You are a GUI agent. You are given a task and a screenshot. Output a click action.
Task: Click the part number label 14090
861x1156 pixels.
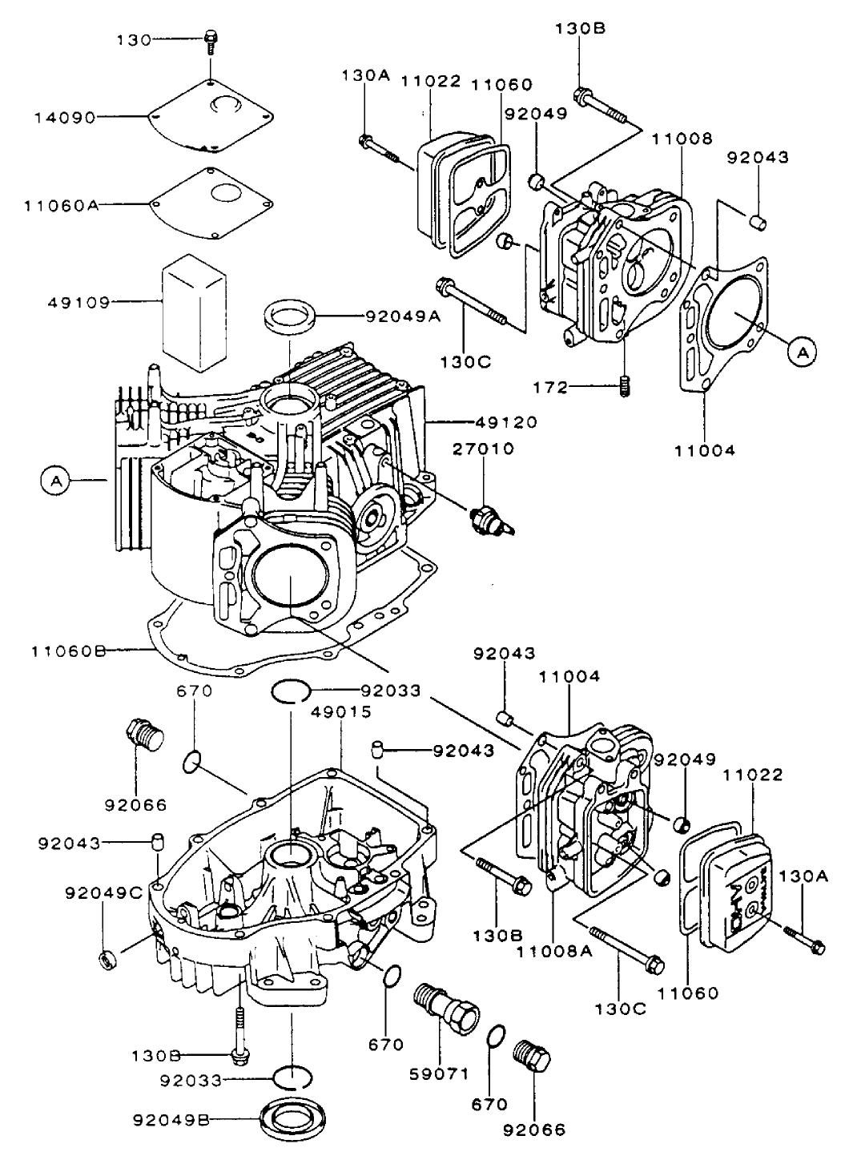(65, 117)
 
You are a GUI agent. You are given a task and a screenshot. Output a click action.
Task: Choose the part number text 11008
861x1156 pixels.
(681, 139)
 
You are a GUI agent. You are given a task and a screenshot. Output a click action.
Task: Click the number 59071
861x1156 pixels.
(441, 1073)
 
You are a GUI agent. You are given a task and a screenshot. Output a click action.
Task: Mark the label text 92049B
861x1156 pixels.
(171, 1120)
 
